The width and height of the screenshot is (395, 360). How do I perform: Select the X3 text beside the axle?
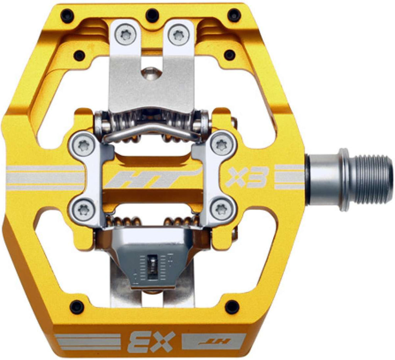(247, 177)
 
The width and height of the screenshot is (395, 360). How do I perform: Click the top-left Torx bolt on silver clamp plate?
(82, 145)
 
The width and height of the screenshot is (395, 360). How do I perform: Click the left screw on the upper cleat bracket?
(126, 35)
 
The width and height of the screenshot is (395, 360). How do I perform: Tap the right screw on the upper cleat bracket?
(178, 35)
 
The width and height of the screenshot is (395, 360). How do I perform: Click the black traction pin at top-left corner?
(68, 16)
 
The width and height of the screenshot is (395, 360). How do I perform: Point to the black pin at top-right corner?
(234, 16)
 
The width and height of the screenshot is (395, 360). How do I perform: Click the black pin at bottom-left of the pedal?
(76, 307)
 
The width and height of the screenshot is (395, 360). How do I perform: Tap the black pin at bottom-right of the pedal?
(232, 307)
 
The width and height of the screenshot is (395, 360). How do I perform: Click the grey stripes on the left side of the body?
(44, 178)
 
